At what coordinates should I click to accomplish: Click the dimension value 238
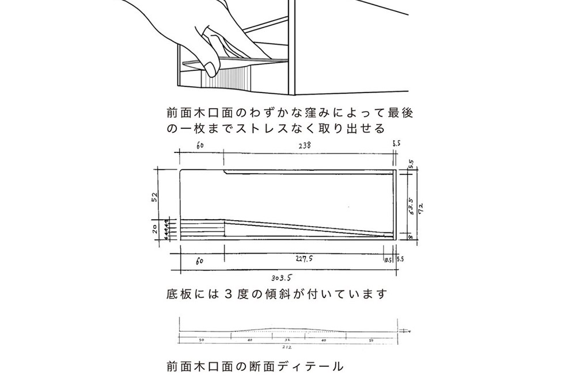tap(304, 146)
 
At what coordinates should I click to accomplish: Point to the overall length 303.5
tap(279, 277)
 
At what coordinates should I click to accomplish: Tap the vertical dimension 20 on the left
tap(154, 228)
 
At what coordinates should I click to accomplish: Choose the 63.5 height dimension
tap(411, 205)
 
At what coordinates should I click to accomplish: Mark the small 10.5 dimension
tap(387, 260)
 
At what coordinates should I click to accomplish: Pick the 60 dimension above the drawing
tap(200, 146)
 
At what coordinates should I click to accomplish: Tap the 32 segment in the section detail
tap(287, 340)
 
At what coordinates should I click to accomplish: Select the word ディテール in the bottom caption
tap(309, 366)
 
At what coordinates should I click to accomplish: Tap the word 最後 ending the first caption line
tap(401, 112)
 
